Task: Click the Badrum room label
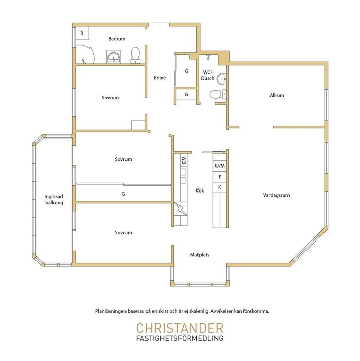coord(117,39)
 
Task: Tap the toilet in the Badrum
coord(135,55)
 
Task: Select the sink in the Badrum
coord(114,57)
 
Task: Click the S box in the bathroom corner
coord(82,33)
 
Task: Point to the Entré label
coord(160,78)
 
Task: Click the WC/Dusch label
coord(208,75)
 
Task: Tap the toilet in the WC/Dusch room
coord(218,94)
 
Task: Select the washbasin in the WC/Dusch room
coord(222,79)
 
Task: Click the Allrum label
coord(277,95)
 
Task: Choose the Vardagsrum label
coord(276,195)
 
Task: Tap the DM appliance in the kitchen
coord(184,160)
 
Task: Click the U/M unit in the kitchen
coord(220,166)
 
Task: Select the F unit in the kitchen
coord(220,177)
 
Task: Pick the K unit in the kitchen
coord(220,187)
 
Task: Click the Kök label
coord(200,191)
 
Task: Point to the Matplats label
coord(200,255)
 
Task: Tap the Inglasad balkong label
coord(54,200)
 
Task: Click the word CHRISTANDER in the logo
coord(180,328)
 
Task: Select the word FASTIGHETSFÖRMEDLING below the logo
coord(180,338)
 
